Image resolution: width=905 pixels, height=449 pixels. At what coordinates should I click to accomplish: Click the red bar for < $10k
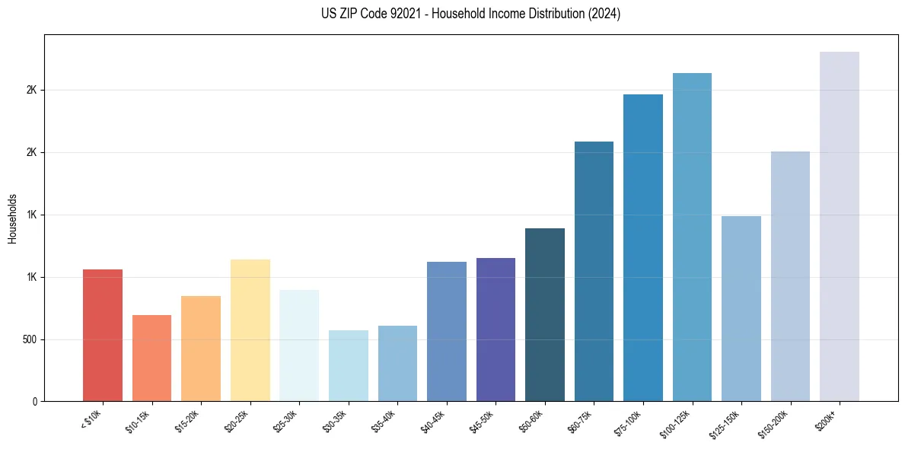[102, 335]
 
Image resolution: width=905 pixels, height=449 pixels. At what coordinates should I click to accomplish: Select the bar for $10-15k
[151, 358]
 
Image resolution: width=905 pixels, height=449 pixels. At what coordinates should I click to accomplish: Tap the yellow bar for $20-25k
[250, 330]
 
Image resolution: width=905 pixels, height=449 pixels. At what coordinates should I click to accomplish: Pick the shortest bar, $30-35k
[348, 365]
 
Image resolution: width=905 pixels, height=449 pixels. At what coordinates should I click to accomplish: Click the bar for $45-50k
[496, 330]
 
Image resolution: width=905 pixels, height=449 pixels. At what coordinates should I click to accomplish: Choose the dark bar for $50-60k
[545, 314]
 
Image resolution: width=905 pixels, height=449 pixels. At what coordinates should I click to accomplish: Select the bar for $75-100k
[643, 247]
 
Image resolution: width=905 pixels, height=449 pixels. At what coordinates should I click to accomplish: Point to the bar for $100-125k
[692, 237]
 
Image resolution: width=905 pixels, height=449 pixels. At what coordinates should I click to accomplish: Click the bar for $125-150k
[741, 308]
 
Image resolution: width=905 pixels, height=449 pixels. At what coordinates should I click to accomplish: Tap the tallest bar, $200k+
[840, 226]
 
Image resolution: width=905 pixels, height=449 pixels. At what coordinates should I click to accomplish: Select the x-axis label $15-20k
[188, 420]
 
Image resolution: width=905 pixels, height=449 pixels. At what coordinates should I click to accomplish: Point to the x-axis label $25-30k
[286, 420]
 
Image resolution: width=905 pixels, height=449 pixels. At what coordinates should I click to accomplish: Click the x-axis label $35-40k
[384, 420]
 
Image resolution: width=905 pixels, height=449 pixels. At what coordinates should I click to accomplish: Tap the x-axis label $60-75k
[581, 420]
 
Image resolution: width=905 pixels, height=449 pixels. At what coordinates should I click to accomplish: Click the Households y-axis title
[12, 218]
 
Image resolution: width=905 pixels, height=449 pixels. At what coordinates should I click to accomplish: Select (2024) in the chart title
[604, 14]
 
